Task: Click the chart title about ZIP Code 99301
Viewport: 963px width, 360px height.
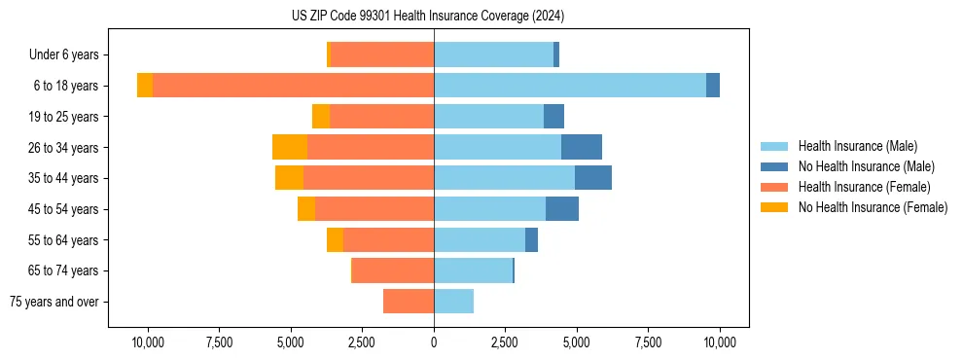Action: [x=427, y=17]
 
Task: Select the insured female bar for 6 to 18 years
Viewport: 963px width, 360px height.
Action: [x=293, y=86]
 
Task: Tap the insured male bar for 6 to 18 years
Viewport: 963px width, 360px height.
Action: [x=570, y=86]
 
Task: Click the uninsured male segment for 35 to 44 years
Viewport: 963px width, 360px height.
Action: [x=593, y=178]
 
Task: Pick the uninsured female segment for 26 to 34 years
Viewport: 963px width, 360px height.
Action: [x=290, y=147]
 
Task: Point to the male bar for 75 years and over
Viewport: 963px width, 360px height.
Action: [x=453, y=302]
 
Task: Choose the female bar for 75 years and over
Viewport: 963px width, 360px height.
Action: [x=409, y=302]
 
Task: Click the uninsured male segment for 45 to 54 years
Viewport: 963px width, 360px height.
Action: [x=562, y=209]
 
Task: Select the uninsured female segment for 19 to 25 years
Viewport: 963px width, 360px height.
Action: [x=321, y=117]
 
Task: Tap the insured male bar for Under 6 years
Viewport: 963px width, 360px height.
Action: [x=493, y=54]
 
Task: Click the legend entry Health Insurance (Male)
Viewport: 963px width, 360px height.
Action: [x=857, y=146]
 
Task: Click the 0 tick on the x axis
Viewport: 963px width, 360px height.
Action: [x=434, y=342]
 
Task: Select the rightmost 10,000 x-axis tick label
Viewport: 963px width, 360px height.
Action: [x=720, y=342]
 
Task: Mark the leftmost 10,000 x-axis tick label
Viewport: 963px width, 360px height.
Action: [x=148, y=342]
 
